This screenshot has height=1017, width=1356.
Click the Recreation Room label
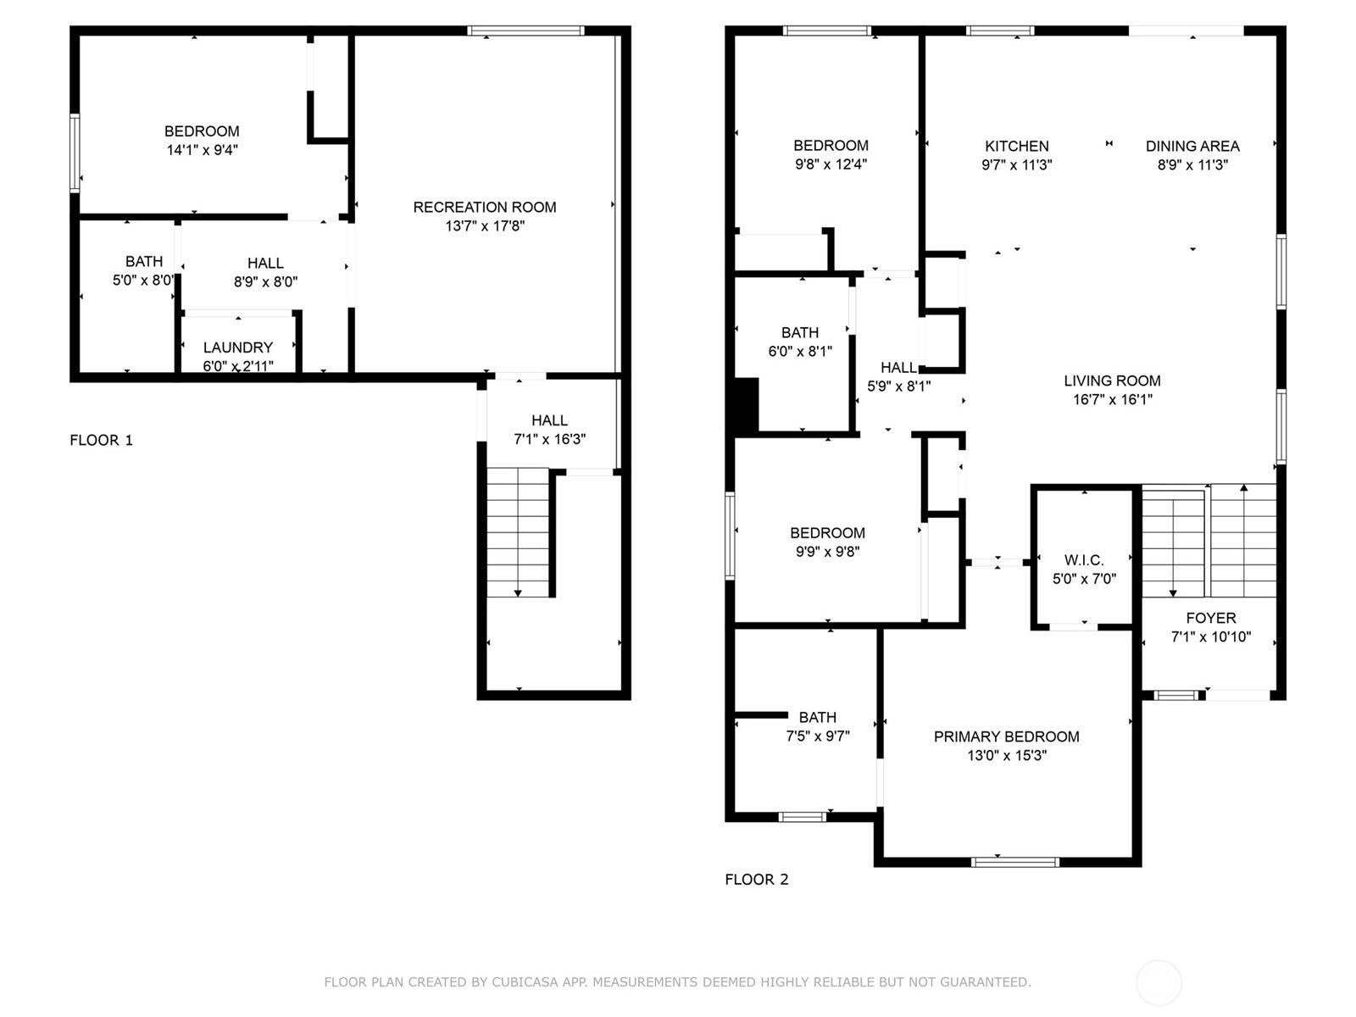click(x=484, y=208)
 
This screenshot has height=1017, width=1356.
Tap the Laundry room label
click(x=238, y=347)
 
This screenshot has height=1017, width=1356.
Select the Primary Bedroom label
click(x=1006, y=736)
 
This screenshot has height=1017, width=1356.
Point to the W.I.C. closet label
click(x=1084, y=560)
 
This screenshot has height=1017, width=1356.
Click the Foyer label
click(x=1211, y=618)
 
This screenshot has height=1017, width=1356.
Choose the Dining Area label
click(x=1192, y=147)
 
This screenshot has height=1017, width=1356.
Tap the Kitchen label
click(x=1016, y=147)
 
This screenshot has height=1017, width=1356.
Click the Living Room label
click(x=1112, y=381)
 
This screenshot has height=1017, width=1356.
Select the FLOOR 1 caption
click(x=102, y=440)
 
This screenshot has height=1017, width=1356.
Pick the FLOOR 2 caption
click(x=757, y=880)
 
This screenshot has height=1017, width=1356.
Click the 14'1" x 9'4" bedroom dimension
click(x=202, y=150)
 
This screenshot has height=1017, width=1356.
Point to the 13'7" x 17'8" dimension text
click(x=484, y=226)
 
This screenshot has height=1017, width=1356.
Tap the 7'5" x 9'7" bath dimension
click(x=817, y=736)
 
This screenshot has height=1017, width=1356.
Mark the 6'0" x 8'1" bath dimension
click(x=800, y=352)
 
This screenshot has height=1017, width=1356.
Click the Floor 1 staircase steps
click(x=518, y=532)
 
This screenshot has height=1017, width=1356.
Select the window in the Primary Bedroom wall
click(x=1015, y=862)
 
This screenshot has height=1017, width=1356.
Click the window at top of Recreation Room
click(x=525, y=31)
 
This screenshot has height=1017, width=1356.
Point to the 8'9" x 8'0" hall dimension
click(x=265, y=282)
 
